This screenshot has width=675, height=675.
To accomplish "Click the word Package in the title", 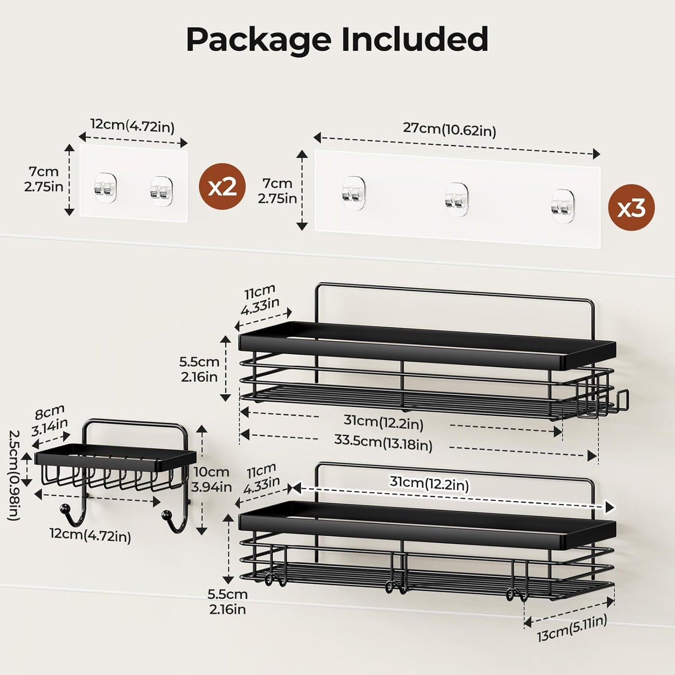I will pyautogui.click(x=258, y=40).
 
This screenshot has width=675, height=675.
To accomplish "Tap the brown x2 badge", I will pyautogui.click(x=222, y=186).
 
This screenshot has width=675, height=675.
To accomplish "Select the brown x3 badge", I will pyautogui.click(x=631, y=207).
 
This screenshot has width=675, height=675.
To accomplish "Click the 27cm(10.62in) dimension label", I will pyautogui.click(x=449, y=129).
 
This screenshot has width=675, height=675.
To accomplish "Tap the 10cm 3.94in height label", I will pyautogui.click(x=212, y=479).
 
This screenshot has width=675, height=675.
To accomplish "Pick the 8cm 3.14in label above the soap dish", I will pyautogui.click(x=50, y=420).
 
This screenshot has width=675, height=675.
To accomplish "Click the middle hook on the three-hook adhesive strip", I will pyautogui.click(x=456, y=199).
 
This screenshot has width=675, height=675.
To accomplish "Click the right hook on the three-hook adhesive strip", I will pyautogui.click(x=562, y=205).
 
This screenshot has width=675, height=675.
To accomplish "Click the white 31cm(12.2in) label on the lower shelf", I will pyautogui.click(x=429, y=484).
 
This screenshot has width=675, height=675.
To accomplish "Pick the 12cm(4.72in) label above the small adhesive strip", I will pyautogui.click(x=132, y=126).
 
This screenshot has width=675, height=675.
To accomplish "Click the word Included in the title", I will pyautogui.click(x=414, y=40).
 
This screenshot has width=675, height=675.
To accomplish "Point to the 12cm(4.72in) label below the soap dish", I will pyautogui.click(x=90, y=535).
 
